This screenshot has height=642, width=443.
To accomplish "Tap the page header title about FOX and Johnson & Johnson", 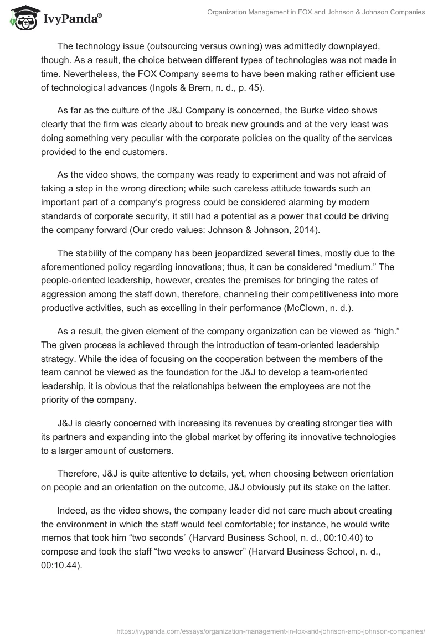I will (316, 12).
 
